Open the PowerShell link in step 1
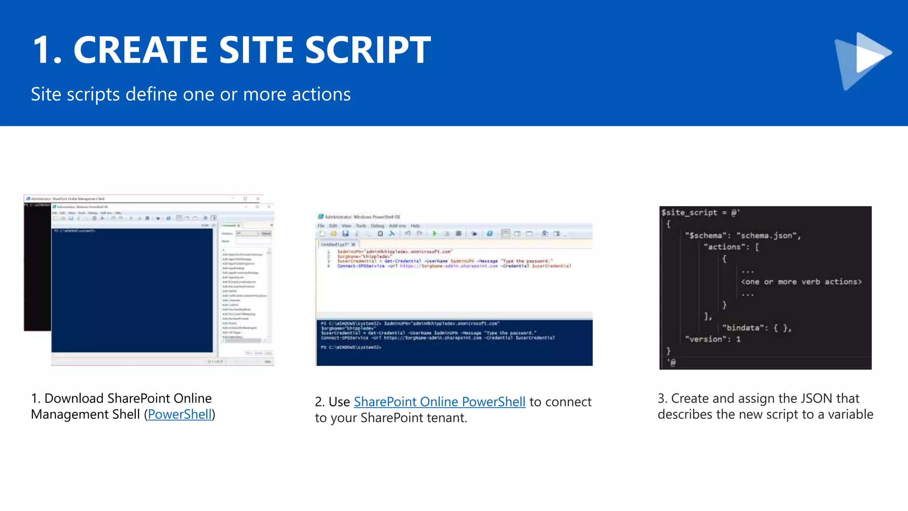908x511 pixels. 180,414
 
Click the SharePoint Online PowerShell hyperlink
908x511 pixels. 439,402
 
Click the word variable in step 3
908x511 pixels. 851,414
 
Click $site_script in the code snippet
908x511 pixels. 689,212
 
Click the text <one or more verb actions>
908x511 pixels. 801,282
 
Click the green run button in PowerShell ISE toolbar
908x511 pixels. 434,233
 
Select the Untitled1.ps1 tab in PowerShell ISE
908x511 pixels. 335,244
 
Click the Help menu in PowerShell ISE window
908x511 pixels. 415,226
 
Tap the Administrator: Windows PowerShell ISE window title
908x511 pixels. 362,217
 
